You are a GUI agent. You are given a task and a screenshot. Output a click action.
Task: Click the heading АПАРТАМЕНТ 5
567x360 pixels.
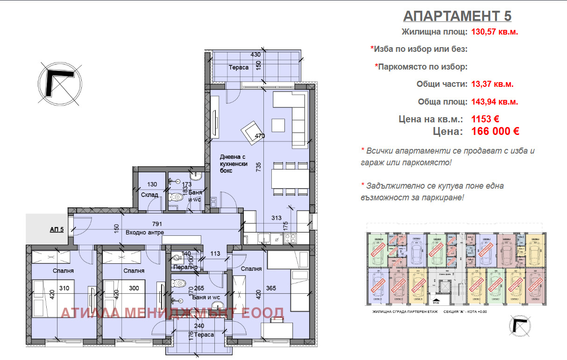click(457, 16)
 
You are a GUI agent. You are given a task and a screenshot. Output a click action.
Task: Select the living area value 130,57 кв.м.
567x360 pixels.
click(495, 32)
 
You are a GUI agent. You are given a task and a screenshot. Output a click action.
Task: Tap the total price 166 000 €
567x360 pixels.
click(495, 131)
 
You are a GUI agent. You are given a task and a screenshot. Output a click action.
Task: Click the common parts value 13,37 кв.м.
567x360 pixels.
click(492, 85)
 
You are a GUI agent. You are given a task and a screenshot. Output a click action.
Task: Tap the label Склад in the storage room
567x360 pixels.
click(149, 195)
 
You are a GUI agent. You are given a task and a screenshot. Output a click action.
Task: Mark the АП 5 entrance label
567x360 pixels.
click(57, 229)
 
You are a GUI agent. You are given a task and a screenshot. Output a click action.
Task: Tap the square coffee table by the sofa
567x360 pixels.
click(278, 125)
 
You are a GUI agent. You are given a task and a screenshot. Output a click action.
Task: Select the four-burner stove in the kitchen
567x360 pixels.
click(290, 238)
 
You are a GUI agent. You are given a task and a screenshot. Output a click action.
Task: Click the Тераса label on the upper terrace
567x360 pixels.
click(238, 68)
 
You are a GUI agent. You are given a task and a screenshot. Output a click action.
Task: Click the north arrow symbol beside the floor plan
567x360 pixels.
click(59, 83)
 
